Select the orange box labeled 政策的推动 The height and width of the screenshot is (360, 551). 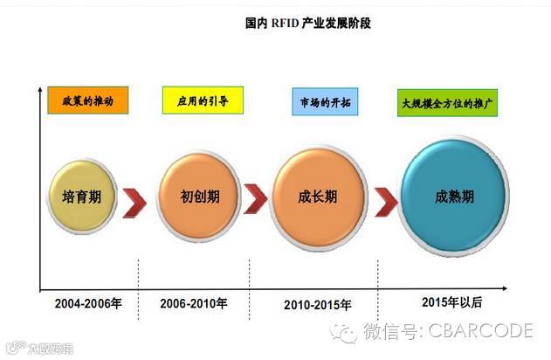pyautogui.click(x=87, y=100)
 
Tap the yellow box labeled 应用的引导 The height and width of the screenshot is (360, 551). pyautogui.click(x=201, y=100)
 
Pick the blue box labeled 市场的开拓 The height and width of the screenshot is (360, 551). pyautogui.click(x=327, y=101)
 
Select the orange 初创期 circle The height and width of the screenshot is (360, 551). pyautogui.click(x=201, y=197)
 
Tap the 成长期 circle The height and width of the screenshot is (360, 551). pyautogui.click(x=318, y=196)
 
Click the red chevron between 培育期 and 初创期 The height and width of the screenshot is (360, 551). pyautogui.click(x=135, y=199)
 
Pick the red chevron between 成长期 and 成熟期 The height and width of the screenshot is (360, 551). pyautogui.click(x=384, y=199)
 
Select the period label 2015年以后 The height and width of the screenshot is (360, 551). pyautogui.click(x=451, y=301)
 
